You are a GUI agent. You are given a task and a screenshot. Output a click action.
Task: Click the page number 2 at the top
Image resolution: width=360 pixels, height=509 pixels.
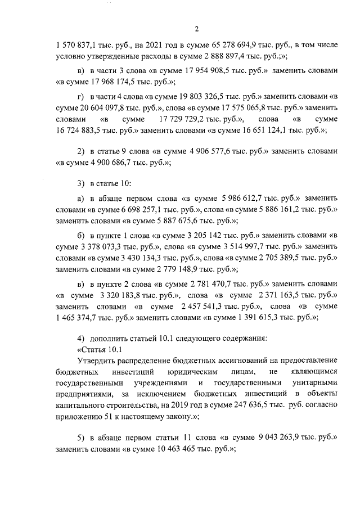196,30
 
